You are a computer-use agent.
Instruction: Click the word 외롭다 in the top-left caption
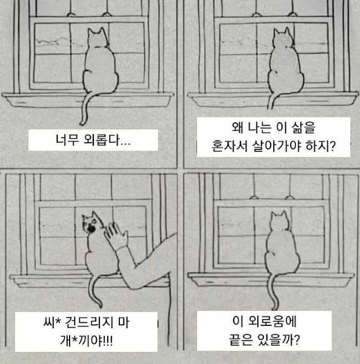[x=102, y=140]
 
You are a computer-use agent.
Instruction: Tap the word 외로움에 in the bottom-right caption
[x=272, y=321]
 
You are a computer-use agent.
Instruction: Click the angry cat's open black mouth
[x=91, y=228]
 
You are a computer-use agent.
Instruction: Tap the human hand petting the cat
[x=115, y=235]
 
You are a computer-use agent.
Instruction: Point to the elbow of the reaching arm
[x=133, y=285]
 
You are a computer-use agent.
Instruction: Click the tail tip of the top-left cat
[x=82, y=123]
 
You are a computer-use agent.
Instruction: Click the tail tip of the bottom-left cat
[x=100, y=305]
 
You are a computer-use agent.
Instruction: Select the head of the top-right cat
[x=283, y=38]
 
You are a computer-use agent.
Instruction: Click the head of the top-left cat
[x=98, y=38]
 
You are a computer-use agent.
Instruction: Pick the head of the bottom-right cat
[x=280, y=221]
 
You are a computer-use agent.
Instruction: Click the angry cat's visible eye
[x=94, y=221]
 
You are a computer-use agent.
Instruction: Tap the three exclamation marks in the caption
[x=108, y=340]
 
